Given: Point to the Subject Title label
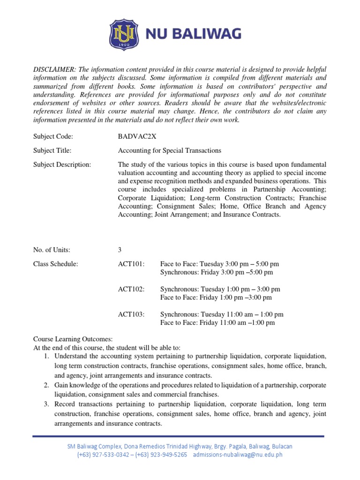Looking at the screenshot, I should click(52, 150).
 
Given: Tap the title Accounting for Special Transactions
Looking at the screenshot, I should click(169, 150).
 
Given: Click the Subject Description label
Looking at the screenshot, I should click(62, 165).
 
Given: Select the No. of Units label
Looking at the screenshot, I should click(52, 250).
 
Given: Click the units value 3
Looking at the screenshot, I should click(120, 250).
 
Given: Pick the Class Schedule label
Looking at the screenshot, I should click(55, 264).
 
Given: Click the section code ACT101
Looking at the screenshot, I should click(131, 264).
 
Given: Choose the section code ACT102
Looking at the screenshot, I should click(131, 289).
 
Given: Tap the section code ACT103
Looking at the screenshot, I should click(131, 315).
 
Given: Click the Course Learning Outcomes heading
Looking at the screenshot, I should click(73, 339).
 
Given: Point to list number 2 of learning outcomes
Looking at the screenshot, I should click(47, 385).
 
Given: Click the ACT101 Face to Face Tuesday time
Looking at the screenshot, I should click(219, 264).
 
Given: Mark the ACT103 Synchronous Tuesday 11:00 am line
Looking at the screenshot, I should click(222, 315).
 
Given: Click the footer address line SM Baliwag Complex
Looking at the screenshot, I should click(180, 446).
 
